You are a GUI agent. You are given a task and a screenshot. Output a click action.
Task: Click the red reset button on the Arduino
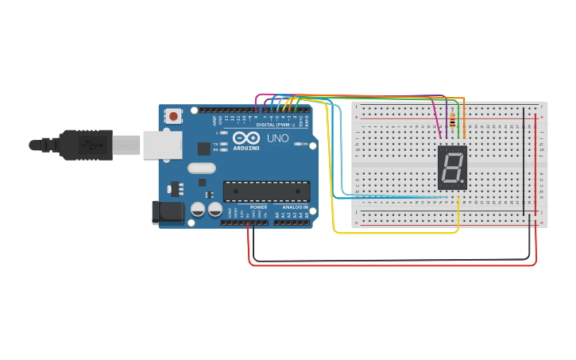[x=173, y=116]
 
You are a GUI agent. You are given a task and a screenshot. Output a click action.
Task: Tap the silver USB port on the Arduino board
[x=162, y=145]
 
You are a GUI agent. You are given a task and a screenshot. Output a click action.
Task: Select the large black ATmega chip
[x=266, y=191]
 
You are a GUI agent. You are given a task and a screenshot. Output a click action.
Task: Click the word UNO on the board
[x=278, y=138]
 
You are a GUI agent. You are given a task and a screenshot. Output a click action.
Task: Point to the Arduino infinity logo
[x=246, y=138]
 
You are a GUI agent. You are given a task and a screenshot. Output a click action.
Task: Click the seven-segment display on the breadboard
[x=452, y=167]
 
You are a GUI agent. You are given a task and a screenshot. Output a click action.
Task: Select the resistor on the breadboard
[x=453, y=122]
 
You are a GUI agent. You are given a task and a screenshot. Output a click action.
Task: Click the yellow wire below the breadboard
[x=397, y=233]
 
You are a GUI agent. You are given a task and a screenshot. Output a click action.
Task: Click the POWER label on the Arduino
[x=258, y=207]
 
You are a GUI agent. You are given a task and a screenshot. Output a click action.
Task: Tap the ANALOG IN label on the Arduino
[x=295, y=207]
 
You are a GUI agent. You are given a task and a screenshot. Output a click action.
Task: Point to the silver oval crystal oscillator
[x=202, y=168]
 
